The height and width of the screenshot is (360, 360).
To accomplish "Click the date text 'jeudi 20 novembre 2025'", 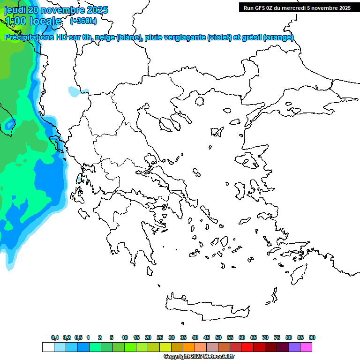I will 56,10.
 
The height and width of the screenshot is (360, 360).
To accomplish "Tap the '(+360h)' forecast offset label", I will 83,21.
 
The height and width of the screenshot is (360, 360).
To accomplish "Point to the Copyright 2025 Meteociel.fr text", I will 199,357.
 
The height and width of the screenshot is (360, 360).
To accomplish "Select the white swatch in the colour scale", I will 48,347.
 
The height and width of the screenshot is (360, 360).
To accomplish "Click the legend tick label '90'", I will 312,337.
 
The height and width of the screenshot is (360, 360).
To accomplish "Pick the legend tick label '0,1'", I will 54,337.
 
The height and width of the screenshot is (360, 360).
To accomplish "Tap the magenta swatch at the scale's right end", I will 306,347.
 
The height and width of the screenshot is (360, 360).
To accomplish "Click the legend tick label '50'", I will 218,337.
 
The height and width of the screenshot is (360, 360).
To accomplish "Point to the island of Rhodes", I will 298,273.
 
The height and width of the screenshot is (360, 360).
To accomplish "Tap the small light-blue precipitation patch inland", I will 75,91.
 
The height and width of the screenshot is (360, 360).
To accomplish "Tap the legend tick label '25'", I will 160,337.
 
